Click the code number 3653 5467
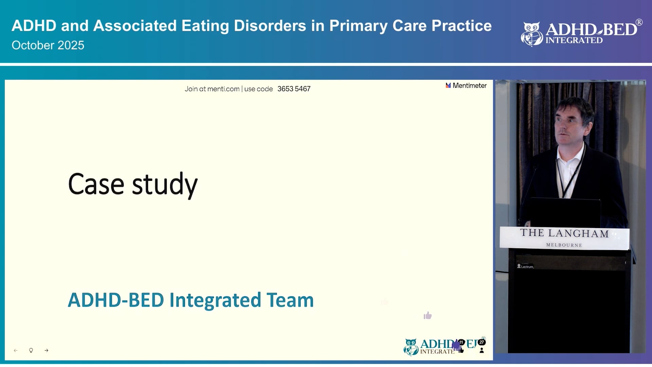294,89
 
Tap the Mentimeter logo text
469,86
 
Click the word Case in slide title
96,185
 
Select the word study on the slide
164,185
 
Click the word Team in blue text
290,300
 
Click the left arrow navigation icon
16,350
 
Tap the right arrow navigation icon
47,350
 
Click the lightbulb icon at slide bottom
31,350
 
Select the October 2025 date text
48,45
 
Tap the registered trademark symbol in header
639,22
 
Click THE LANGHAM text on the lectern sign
564,233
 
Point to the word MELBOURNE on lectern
564,245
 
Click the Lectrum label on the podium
525,266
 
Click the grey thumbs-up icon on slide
428,316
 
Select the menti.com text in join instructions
223,89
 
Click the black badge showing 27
482,342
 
